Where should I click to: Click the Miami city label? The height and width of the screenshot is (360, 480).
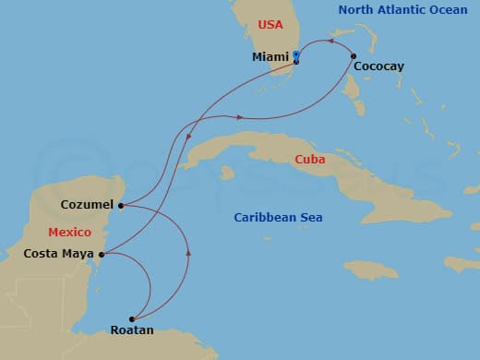270,56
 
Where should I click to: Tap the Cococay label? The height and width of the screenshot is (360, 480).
378,66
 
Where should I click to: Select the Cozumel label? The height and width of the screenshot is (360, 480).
87,204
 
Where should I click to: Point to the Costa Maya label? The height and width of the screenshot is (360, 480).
57,253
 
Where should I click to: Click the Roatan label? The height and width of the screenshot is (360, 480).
132,330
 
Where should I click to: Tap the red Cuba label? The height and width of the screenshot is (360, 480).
310,159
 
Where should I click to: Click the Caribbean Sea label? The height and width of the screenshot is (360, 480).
278,217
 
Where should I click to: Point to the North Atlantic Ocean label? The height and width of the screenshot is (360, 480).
402,9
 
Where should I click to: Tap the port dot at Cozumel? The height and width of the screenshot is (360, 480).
121,206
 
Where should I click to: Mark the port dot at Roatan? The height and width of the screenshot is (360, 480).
132,319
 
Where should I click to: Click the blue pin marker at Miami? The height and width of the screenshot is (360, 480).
295,56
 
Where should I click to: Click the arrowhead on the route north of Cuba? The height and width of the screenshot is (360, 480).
240,117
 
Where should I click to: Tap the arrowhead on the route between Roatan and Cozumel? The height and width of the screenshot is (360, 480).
188,250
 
